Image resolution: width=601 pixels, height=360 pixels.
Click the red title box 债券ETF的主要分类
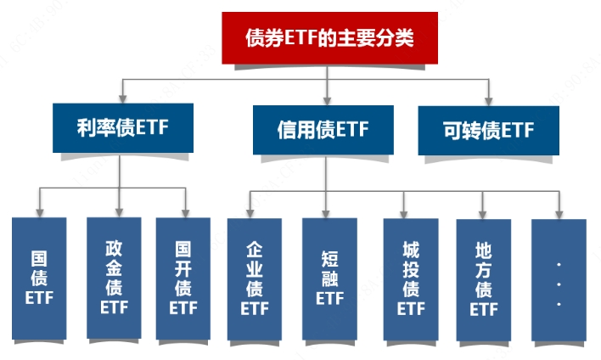pyautogui.click(x=329, y=38)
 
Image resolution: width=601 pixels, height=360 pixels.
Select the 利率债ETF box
pyautogui.click(x=123, y=129)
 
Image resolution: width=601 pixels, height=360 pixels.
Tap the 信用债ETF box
pyautogui.click(x=323, y=130)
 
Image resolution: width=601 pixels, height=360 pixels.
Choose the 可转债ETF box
pyautogui.click(x=489, y=130)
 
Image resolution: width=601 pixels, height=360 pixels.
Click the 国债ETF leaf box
pyautogui.click(x=39, y=278)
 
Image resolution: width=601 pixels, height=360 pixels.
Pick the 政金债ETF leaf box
pyautogui.click(x=114, y=278)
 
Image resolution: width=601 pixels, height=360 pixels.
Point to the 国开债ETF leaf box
pyautogui.click(x=183, y=278)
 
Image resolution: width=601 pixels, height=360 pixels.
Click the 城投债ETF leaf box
pyautogui.click(x=411, y=278)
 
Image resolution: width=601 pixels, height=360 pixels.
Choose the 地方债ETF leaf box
pyautogui.click(x=484, y=278)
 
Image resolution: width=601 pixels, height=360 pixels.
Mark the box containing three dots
pyautogui.click(x=559, y=278)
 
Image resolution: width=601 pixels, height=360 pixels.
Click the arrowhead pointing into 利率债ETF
pyautogui.click(x=124, y=99)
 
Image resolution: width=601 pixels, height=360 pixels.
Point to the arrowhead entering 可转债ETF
pyautogui.click(x=489, y=100)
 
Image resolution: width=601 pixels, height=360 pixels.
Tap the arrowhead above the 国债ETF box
pyautogui.click(x=39, y=211)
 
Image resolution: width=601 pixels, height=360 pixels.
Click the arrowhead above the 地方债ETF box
pyautogui.click(x=484, y=212)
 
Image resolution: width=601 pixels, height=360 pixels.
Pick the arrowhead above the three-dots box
pyautogui.click(x=559, y=212)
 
